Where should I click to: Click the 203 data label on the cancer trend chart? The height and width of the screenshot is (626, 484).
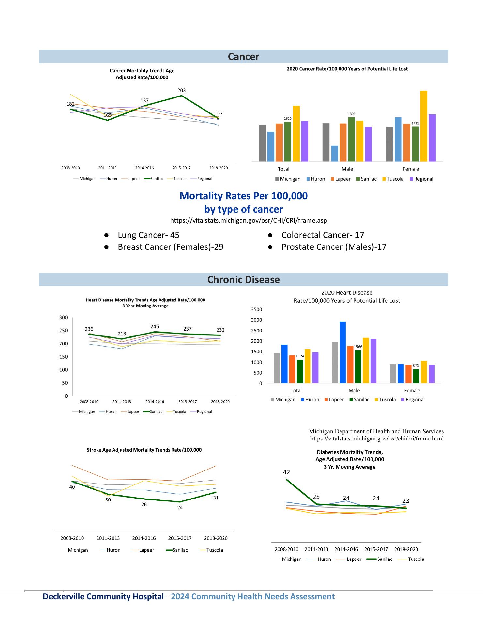pyautogui.click(x=182, y=90)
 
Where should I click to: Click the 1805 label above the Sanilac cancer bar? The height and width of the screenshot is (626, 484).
pyautogui.click(x=351, y=114)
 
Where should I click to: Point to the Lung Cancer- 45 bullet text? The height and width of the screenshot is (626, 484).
pyautogui.click(x=148, y=235)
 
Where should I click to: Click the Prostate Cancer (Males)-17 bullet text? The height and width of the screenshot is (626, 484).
pyautogui.click(x=334, y=247)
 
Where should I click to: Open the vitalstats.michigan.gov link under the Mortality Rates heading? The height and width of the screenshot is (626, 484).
pyautogui.click(x=249, y=221)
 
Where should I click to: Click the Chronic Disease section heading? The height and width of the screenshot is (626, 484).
pyautogui.click(x=244, y=280)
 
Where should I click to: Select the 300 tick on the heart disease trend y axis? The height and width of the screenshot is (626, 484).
pyautogui.click(x=64, y=317)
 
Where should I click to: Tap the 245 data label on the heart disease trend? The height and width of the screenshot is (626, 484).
pyautogui.click(x=155, y=326)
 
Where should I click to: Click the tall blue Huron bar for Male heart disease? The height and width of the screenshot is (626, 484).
pyautogui.click(x=343, y=352)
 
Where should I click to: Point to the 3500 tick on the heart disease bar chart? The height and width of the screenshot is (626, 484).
pyautogui.click(x=256, y=309)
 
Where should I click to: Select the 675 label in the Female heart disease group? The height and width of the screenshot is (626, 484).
pyautogui.click(x=416, y=365)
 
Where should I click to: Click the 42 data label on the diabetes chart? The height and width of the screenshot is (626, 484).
pyautogui.click(x=286, y=472)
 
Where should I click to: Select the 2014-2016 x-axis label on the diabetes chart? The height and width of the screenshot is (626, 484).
pyautogui.click(x=346, y=549)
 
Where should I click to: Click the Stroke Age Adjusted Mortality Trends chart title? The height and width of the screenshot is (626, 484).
pyautogui.click(x=144, y=450)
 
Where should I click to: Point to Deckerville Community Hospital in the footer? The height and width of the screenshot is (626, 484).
pyautogui.click(x=103, y=597)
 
